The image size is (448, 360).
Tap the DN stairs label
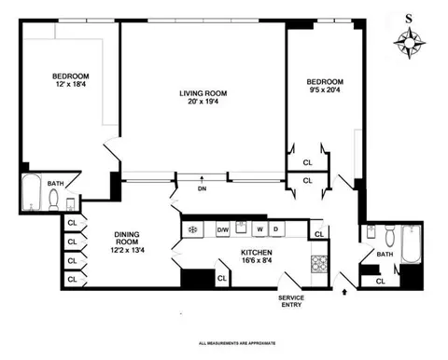[202, 188]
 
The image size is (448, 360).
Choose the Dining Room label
[128, 241]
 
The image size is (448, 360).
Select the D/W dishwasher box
[223, 229]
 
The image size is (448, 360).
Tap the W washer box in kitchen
[261, 229]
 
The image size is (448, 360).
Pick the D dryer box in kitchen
[276, 229]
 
